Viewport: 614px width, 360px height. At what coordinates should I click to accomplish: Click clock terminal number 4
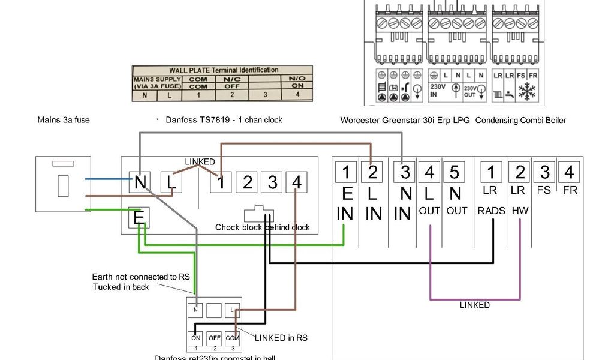click(x=296, y=181)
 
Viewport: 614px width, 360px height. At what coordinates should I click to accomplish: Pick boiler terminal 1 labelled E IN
click(x=346, y=172)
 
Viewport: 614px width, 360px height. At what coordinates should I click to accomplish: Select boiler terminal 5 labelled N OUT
click(x=455, y=172)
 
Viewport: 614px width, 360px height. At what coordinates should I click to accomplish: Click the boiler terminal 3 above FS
click(x=544, y=172)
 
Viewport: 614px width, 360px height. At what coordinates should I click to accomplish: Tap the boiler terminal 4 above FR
click(x=569, y=172)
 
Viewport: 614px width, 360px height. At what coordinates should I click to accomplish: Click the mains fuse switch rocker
click(x=62, y=186)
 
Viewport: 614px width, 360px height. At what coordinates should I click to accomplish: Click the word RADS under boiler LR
click(x=492, y=211)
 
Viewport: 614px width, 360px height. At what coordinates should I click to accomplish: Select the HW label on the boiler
click(x=520, y=211)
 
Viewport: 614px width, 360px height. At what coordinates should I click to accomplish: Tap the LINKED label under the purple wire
click(x=475, y=305)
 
